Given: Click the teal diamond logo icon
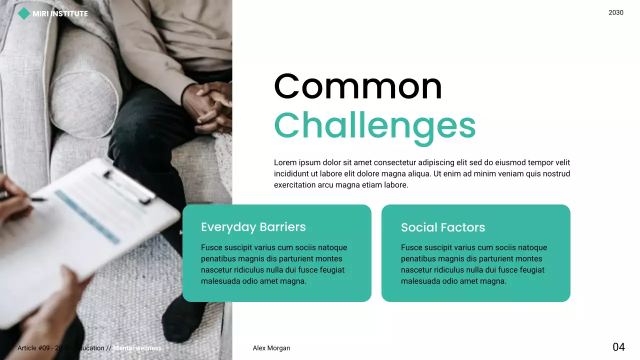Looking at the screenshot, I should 23,14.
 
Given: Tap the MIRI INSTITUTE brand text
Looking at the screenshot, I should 60,14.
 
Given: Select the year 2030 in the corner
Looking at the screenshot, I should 615,12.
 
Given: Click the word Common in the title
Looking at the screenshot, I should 358,87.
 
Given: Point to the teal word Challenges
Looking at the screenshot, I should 374,125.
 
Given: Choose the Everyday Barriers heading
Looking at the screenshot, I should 253,227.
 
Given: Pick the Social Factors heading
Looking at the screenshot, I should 442,227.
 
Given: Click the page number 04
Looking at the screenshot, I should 618,347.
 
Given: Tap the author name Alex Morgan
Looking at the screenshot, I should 271,348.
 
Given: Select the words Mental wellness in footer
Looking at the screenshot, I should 137,348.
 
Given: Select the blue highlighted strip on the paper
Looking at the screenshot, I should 87,216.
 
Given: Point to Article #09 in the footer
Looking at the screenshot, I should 34,348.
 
